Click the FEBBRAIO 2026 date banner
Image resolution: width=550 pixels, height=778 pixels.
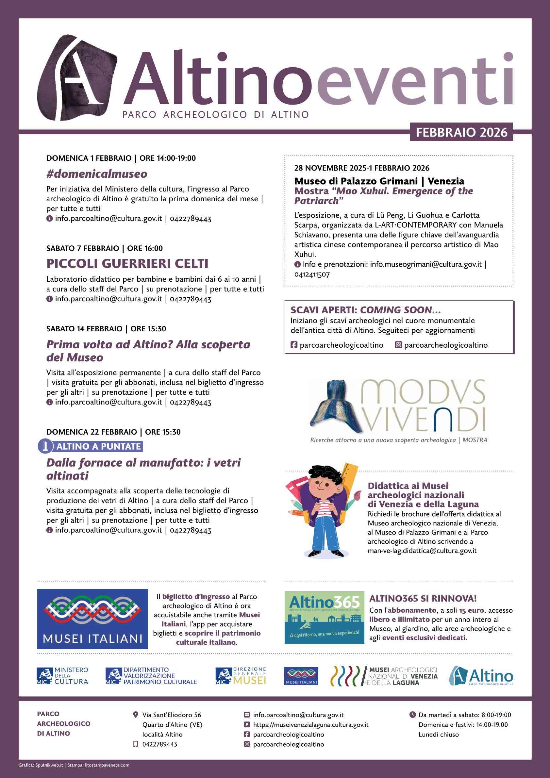point(461,132)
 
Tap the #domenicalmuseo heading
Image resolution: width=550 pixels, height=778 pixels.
point(97,174)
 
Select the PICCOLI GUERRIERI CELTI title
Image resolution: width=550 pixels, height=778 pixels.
point(127,263)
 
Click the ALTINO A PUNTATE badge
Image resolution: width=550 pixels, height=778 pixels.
point(98,446)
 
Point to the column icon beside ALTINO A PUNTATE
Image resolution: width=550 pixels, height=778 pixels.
point(45,446)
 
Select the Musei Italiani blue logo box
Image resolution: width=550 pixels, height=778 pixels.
point(92,619)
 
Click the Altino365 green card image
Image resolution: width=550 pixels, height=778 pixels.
point(324,617)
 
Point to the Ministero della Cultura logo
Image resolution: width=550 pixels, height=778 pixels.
point(62,675)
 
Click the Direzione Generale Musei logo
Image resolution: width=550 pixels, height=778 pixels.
point(241,675)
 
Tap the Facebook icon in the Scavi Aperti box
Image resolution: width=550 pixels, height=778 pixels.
point(294,345)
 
